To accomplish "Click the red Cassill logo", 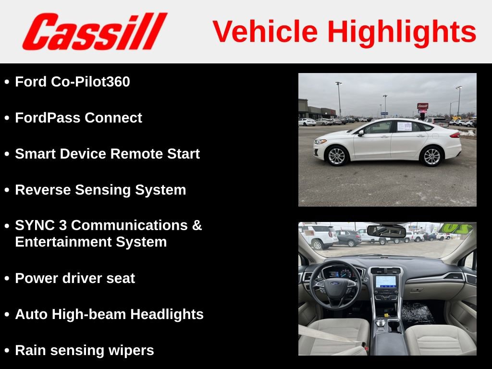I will [x=95, y=32].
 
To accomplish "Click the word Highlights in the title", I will [x=402, y=32].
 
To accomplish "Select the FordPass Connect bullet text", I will [x=78, y=118].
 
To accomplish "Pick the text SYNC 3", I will [x=41, y=225].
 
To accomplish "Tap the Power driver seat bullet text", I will [x=75, y=278].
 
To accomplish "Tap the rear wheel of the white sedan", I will [x=431, y=156].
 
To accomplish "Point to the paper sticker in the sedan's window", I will [x=405, y=126].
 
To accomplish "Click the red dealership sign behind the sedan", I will [x=422, y=106].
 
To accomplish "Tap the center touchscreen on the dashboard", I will [x=386, y=282].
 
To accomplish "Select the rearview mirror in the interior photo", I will [x=386, y=231].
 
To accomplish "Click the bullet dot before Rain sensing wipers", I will [x=7, y=351].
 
